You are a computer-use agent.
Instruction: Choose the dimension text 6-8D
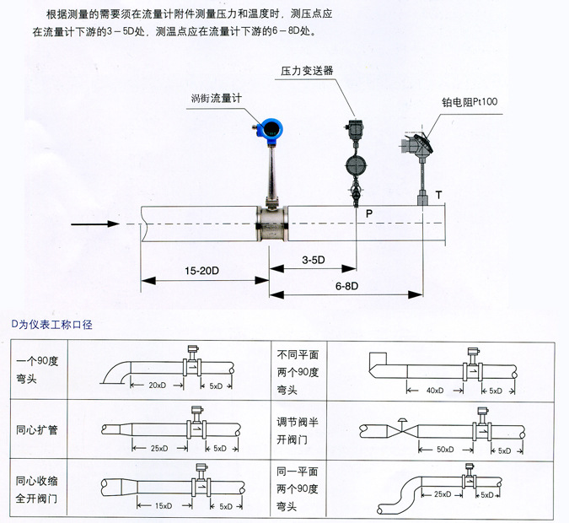tap(346, 287)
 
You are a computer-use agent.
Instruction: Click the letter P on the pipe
tap(368, 214)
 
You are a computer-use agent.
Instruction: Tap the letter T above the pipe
tap(438, 196)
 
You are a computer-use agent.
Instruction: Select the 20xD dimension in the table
tap(156, 386)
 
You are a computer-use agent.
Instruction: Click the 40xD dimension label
tap(435, 391)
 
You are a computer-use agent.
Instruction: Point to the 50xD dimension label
tap(444, 450)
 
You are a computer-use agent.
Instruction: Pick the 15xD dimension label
tap(164, 506)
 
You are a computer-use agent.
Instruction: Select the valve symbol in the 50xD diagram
tap(403, 428)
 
